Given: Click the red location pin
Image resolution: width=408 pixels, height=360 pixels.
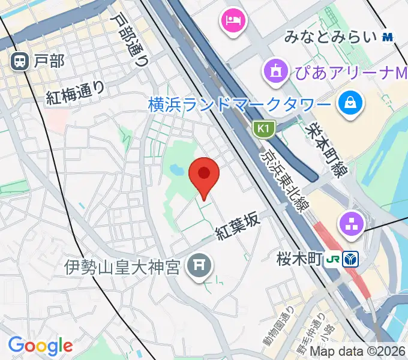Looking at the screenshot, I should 204,174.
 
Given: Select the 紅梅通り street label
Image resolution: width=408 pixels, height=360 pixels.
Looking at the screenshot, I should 76,93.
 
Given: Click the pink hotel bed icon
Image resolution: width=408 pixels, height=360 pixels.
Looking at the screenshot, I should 232,22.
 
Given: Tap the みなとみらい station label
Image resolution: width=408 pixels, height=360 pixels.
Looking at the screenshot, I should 331,37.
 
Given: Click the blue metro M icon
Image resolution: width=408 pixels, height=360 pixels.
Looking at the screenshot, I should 388,37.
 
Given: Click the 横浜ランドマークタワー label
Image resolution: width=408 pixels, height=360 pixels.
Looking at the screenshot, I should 239,104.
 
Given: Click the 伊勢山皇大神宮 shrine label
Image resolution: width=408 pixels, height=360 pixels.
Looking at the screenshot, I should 122,266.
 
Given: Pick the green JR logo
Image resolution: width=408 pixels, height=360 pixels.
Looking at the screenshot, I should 332,260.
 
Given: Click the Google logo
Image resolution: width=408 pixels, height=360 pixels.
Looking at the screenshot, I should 40,345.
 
